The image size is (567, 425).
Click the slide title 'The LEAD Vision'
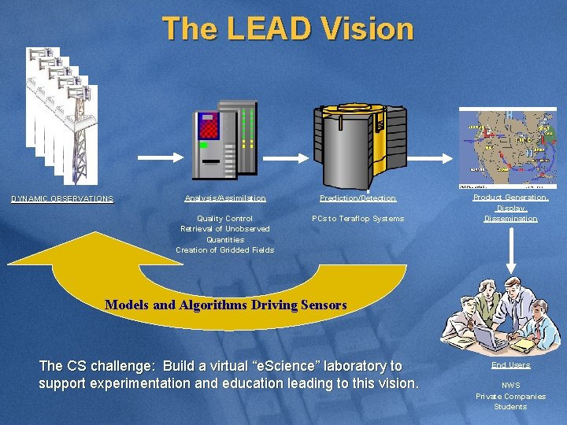288,29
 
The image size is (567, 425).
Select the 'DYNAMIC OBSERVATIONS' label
62,199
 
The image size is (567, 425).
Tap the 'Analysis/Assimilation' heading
225,198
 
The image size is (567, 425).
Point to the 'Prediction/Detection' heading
358,198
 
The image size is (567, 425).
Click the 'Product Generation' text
510,198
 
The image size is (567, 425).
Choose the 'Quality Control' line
225,219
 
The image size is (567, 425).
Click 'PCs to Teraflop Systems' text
358,219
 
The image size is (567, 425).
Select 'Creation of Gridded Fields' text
225,250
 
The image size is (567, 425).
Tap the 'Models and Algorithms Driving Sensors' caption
225,305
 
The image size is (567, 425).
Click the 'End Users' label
510,365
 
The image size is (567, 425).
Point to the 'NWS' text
510,386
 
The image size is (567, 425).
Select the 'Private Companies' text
510,396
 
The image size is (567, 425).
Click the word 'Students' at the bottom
510,406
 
